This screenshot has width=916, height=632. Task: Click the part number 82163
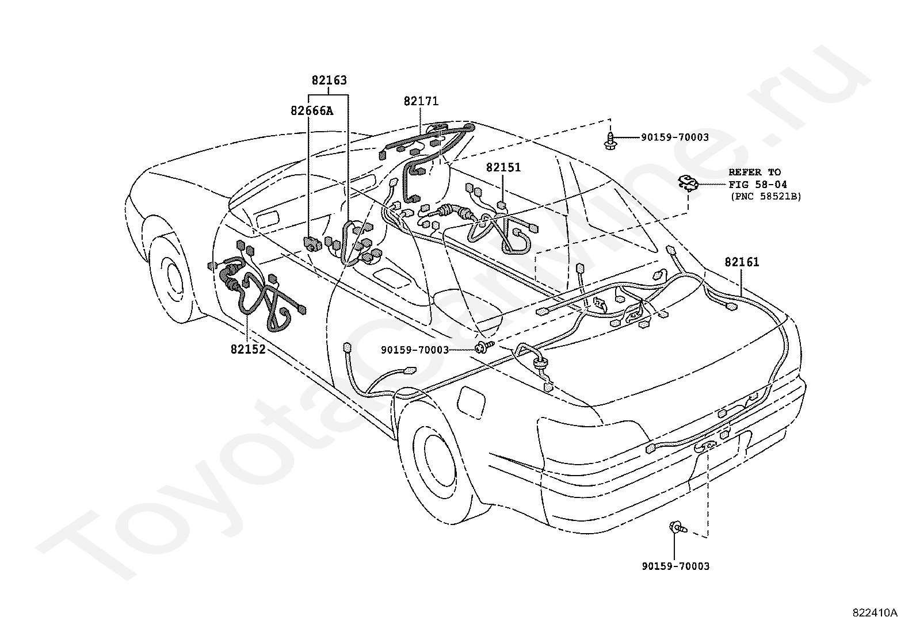click(329, 80)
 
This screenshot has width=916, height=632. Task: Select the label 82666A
click(312, 111)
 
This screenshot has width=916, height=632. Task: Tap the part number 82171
click(421, 101)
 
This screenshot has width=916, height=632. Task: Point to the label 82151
click(503, 167)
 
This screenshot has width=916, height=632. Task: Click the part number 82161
click(742, 262)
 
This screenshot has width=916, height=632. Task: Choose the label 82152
click(248, 349)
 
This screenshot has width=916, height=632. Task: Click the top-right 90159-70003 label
click(675, 137)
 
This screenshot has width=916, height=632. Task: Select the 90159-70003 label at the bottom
click(675, 566)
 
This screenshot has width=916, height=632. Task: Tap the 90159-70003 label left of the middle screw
click(415, 350)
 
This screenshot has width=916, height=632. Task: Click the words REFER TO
click(754, 172)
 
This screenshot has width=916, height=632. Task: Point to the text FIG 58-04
click(758, 185)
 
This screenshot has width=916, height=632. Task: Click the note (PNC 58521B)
click(766, 197)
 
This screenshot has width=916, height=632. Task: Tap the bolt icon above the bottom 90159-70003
click(678, 527)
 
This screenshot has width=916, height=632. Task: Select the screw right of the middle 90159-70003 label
click(484, 347)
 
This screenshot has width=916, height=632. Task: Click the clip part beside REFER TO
click(688, 183)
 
